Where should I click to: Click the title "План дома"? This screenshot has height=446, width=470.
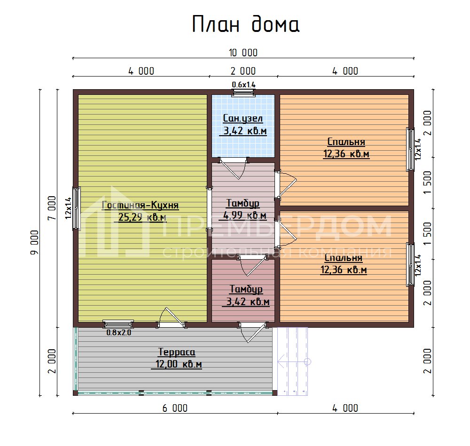click(x=245, y=24)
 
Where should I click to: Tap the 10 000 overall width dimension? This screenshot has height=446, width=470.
click(x=243, y=53)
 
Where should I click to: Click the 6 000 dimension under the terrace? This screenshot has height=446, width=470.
click(x=175, y=408)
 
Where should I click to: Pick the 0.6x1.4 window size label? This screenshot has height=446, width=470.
click(x=243, y=85)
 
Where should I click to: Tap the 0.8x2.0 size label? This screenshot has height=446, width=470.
click(x=119, y=332)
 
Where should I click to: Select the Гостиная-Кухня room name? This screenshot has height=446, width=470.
click(x=141, y=205)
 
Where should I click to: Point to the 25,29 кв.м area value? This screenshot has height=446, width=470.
click(x=141, y=217)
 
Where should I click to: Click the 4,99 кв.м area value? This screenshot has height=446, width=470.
click(x=243, y=215)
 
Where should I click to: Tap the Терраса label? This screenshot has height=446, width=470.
click(x=176, y=352)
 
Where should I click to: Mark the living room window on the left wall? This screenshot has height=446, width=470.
click(x=76, y=208)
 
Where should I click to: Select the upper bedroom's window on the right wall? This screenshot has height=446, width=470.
click(x=411, y=150)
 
